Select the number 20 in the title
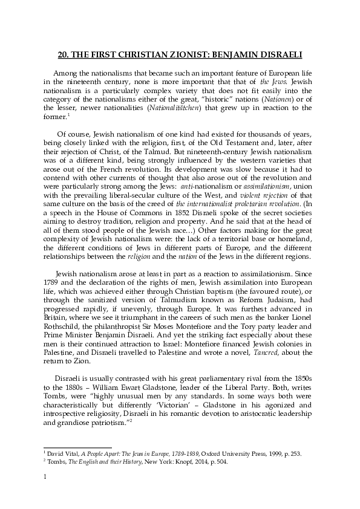(63, 54)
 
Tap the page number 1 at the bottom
(46, 493)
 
